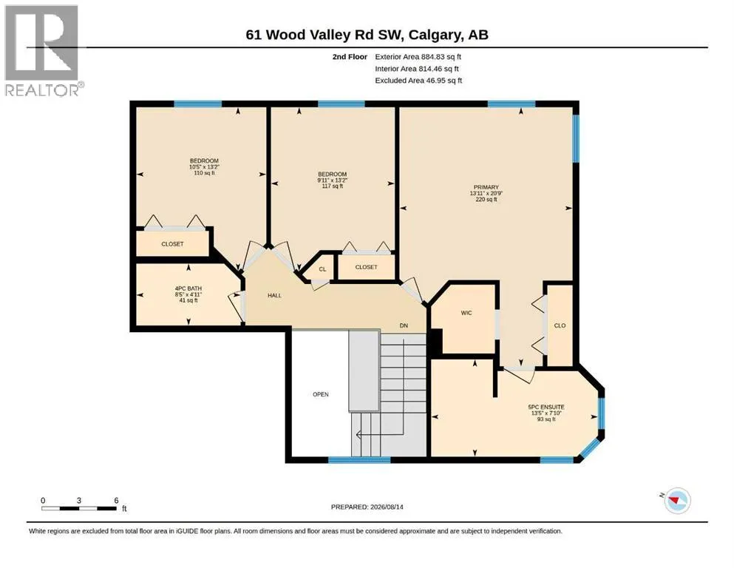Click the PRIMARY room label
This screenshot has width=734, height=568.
click(x=486, y=187)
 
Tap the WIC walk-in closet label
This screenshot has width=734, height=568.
click(x=466, y=313)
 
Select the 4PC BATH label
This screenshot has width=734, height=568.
click(x=188, y=288)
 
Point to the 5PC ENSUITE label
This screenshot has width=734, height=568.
click(x=546, y=407)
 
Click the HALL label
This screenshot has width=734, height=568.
click(x=274, y=296)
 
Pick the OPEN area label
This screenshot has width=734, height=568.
click(x=321, y=394)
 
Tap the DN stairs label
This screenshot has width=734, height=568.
click(x=404, y=325)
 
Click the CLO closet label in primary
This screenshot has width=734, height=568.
click(x=560, y=325)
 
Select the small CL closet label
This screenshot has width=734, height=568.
click(x=322, y=269)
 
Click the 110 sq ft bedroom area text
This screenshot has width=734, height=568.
click(x=204, y=173)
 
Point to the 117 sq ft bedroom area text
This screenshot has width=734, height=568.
click(x=333, y=186)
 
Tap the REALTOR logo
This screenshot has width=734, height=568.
click(x=43, y=50)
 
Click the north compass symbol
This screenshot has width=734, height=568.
click(x=677, y=501)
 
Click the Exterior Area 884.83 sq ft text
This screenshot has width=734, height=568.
click(x=418, y=57)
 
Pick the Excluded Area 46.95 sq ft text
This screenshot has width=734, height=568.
click(x=418, y=81)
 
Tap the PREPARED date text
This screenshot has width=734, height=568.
click(x=367, y=507)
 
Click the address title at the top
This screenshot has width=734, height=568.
click(x=367, y=35)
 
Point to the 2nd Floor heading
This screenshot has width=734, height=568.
click(x=350, y=57)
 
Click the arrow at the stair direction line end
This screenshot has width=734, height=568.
click(x=358, y=435)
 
